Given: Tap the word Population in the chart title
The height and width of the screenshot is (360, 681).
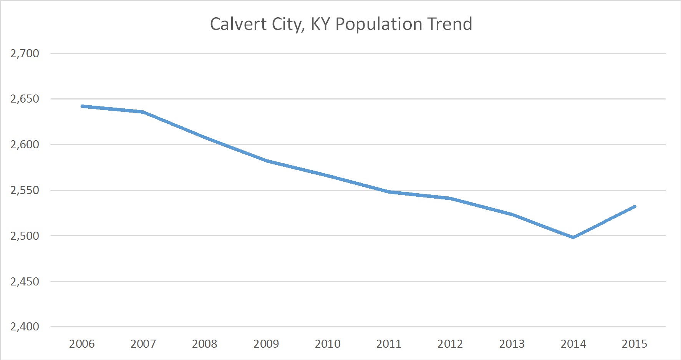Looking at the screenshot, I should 378,24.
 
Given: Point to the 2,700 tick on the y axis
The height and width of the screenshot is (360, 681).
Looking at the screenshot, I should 25,53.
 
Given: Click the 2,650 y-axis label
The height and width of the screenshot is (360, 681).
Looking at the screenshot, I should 25,99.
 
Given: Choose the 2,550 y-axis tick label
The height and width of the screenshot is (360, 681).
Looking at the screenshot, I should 25,190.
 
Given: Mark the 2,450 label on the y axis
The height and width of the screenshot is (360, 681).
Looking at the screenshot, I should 25,282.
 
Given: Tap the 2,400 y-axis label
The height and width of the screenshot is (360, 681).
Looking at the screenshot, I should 25,327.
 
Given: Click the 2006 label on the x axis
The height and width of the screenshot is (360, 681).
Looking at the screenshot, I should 82,343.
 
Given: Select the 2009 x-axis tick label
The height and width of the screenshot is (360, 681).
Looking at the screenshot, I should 266,343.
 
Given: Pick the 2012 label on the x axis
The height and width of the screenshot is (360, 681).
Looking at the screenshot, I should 450,343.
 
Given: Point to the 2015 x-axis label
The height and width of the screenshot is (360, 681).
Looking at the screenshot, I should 635,343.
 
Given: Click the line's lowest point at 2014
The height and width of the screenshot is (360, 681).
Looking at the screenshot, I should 573,237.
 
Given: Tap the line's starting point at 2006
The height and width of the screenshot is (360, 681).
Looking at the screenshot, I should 82,106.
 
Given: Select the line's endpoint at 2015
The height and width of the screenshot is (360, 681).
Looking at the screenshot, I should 635,207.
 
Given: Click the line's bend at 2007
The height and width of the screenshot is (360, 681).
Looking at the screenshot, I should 143,112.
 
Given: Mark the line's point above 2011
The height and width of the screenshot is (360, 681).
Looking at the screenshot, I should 389,191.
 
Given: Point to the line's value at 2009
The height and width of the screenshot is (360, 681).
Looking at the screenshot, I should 266,161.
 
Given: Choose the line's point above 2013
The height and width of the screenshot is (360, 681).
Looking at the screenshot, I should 512,214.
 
